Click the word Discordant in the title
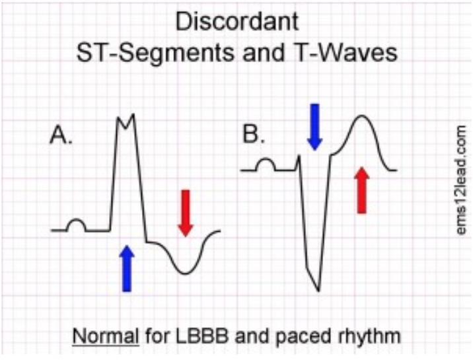click(x=236, y=21)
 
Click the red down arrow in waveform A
click(x=186, y=212)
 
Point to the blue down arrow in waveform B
click(x=314, y=126)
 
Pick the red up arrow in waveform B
click(x=361, y=190)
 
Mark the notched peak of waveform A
click(x=126, y=120)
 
